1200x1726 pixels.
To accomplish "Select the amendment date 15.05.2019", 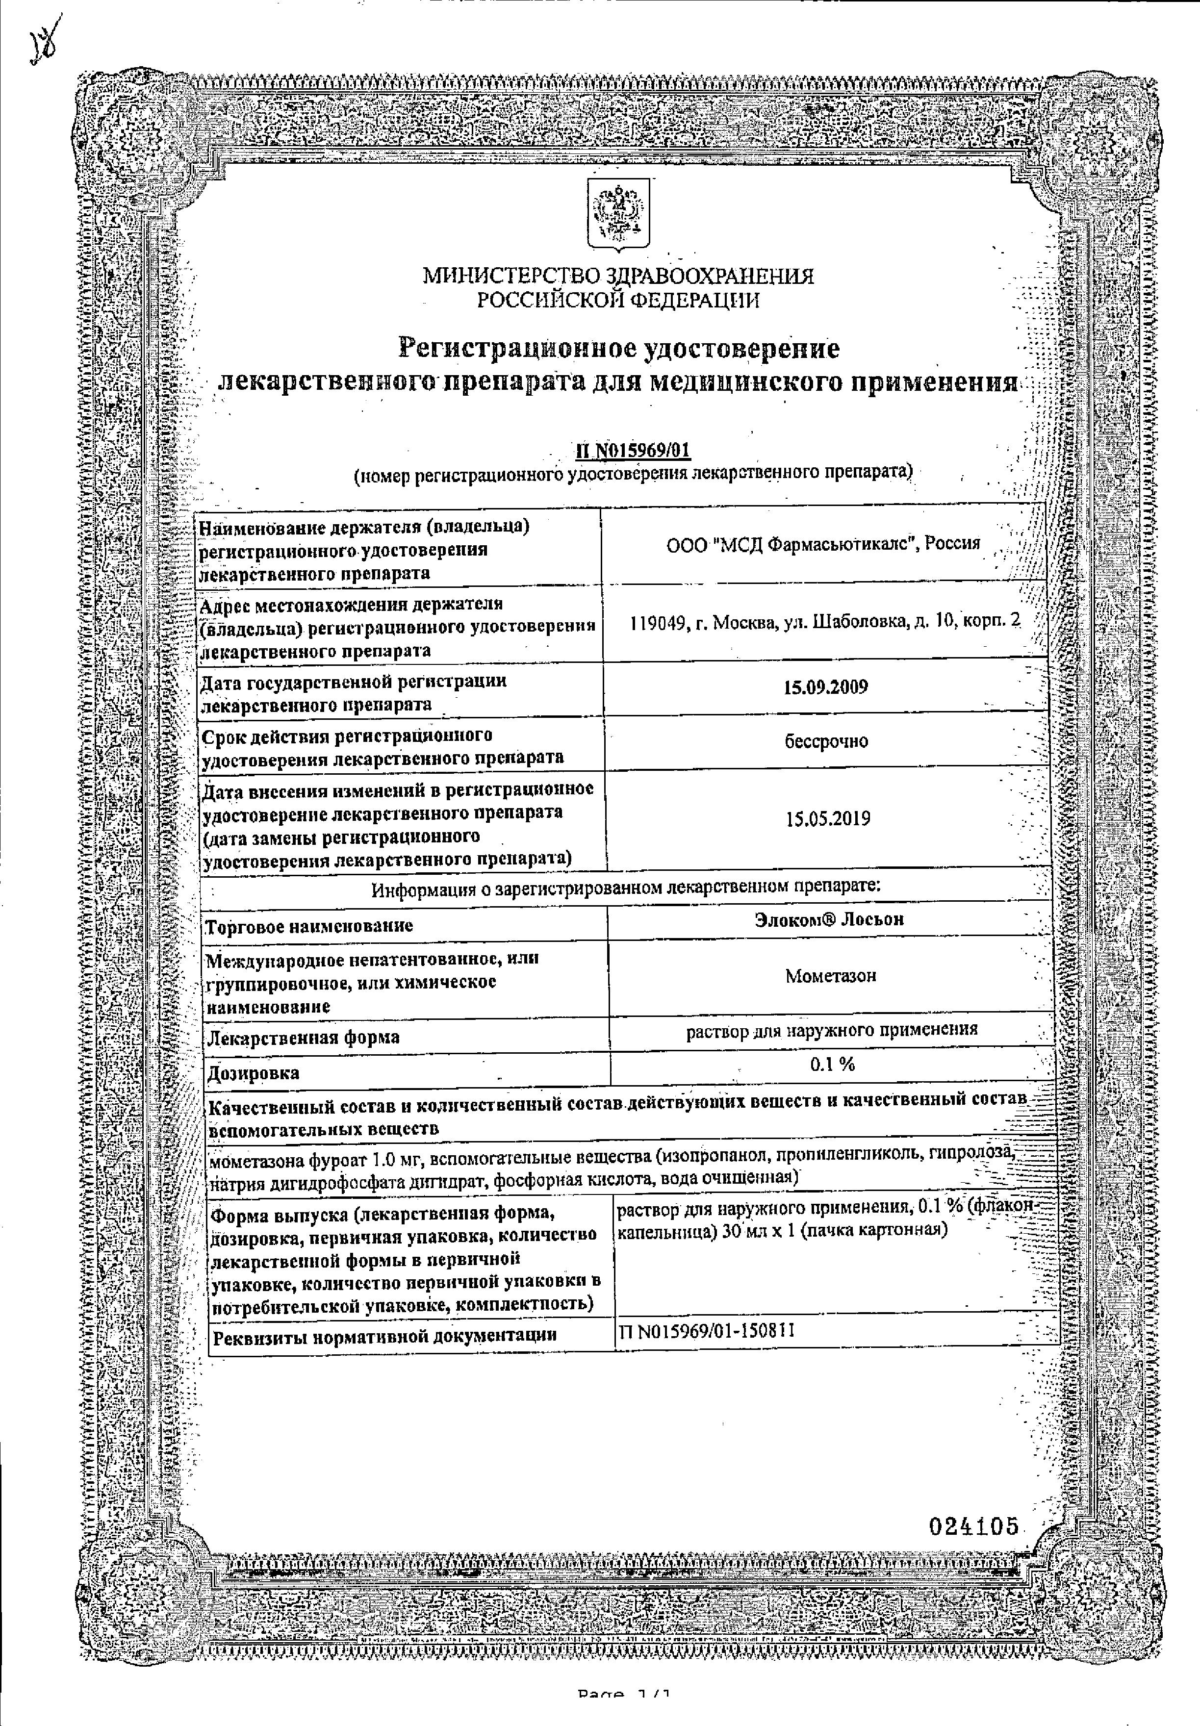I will point(828,819).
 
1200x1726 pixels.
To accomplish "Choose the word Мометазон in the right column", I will point(830,976).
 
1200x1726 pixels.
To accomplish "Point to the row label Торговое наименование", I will point(309,926).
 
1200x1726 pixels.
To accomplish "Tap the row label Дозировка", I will point(252,1073).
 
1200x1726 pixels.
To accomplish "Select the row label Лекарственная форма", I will point(302,1038).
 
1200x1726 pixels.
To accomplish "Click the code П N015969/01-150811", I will point(707,1331).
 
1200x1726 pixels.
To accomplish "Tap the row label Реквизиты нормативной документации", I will point(385,1336).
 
